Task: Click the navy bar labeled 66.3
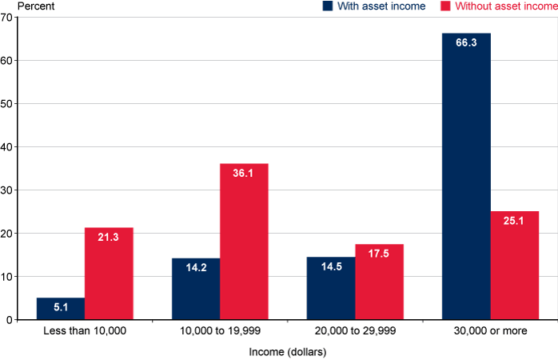(466, 176)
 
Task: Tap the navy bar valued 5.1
(61, 309)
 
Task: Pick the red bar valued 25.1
(515, 266)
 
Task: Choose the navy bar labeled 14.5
(331, 288)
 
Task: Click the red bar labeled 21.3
(109, 274)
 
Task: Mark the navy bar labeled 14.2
(196, 289)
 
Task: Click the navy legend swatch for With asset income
(328, 6)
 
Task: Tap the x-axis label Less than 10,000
(85, 330)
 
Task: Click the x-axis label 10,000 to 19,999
(220, 330)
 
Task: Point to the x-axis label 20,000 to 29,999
(355, 330)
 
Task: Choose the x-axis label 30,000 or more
(490, 330)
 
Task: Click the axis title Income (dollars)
(287, 350)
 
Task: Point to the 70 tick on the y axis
(6, 18)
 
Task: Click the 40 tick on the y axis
(6, 147)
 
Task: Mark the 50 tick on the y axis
(6, 104)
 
